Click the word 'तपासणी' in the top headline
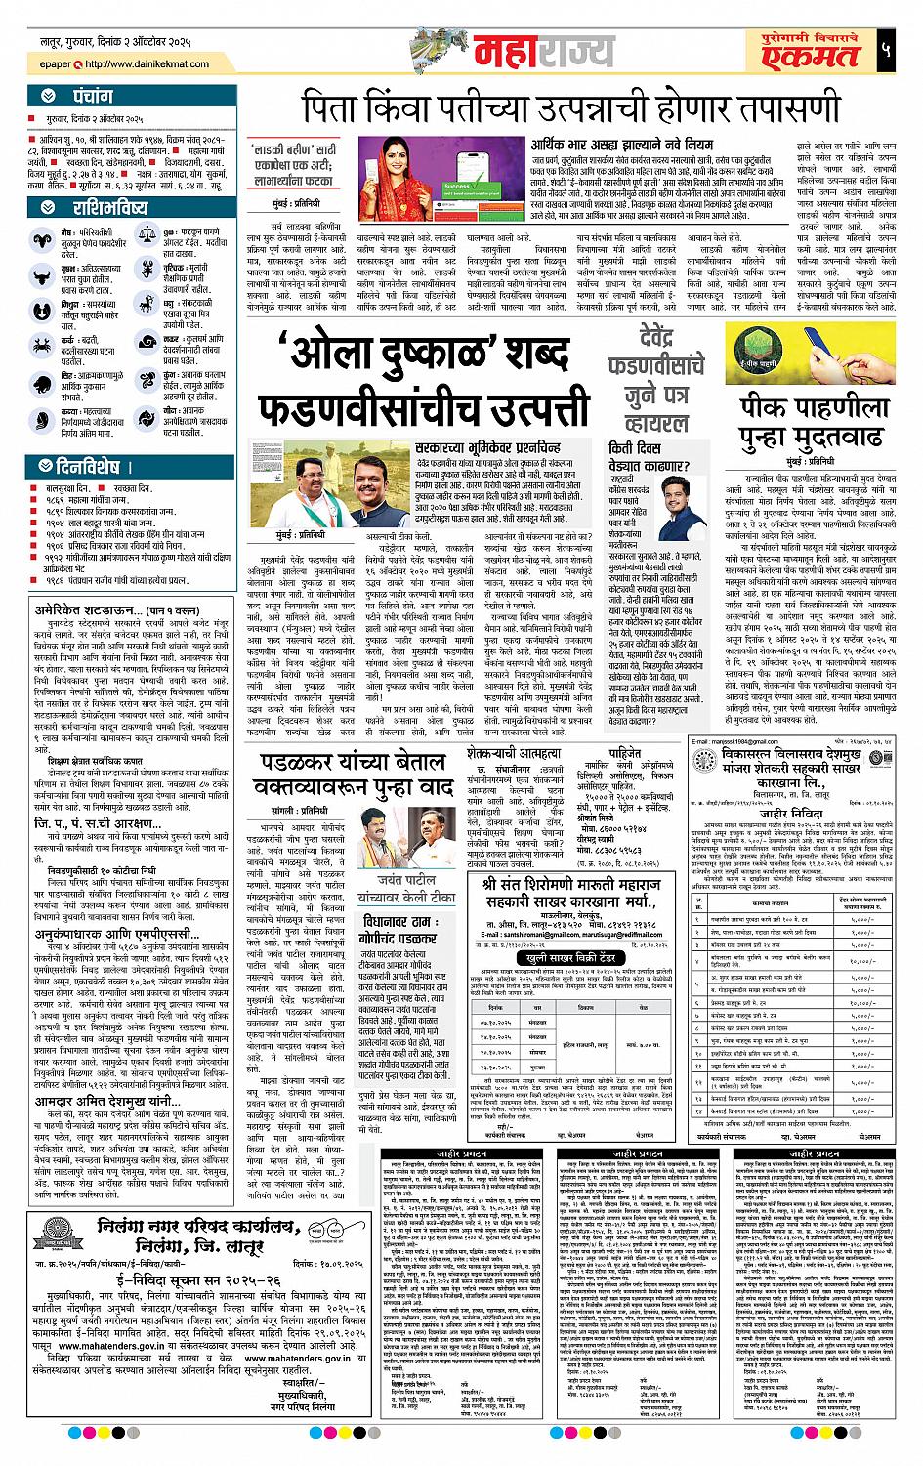click(x=777, y=108)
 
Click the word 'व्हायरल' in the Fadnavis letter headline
click(x=655, y=422)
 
